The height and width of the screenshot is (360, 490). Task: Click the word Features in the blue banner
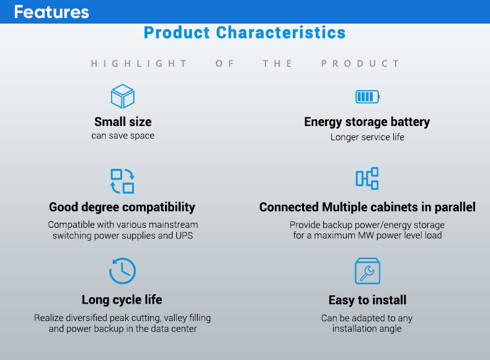coord(51,12)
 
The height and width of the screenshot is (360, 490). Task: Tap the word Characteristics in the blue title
coord(280,33)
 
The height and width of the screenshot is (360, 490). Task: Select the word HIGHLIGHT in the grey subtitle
coord(139,64)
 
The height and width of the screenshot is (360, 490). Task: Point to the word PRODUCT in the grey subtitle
coord(360,64)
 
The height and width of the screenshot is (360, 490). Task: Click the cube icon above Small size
coord(123,96)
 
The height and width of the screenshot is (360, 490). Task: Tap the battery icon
coord(367,97)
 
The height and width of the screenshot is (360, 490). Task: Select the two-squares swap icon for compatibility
coord(123,181)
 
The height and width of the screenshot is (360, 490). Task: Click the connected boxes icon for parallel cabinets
coord(367,178)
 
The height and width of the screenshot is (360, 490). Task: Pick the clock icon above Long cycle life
coord(122,271)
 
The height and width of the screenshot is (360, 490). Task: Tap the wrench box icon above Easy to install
coord(367,271)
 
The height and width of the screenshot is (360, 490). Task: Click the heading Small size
coord(123,122)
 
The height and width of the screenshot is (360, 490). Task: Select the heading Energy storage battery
coord(367,122)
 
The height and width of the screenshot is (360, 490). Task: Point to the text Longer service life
coord(367,137)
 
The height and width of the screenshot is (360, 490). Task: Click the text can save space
coord(123,136)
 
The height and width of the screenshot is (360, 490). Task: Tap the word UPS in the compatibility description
coord(184,235)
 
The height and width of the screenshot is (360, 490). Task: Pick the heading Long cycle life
coord(122,300)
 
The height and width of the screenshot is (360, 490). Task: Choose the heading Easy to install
coord(367,300)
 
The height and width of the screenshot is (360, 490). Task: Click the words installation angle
coord(367,329)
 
